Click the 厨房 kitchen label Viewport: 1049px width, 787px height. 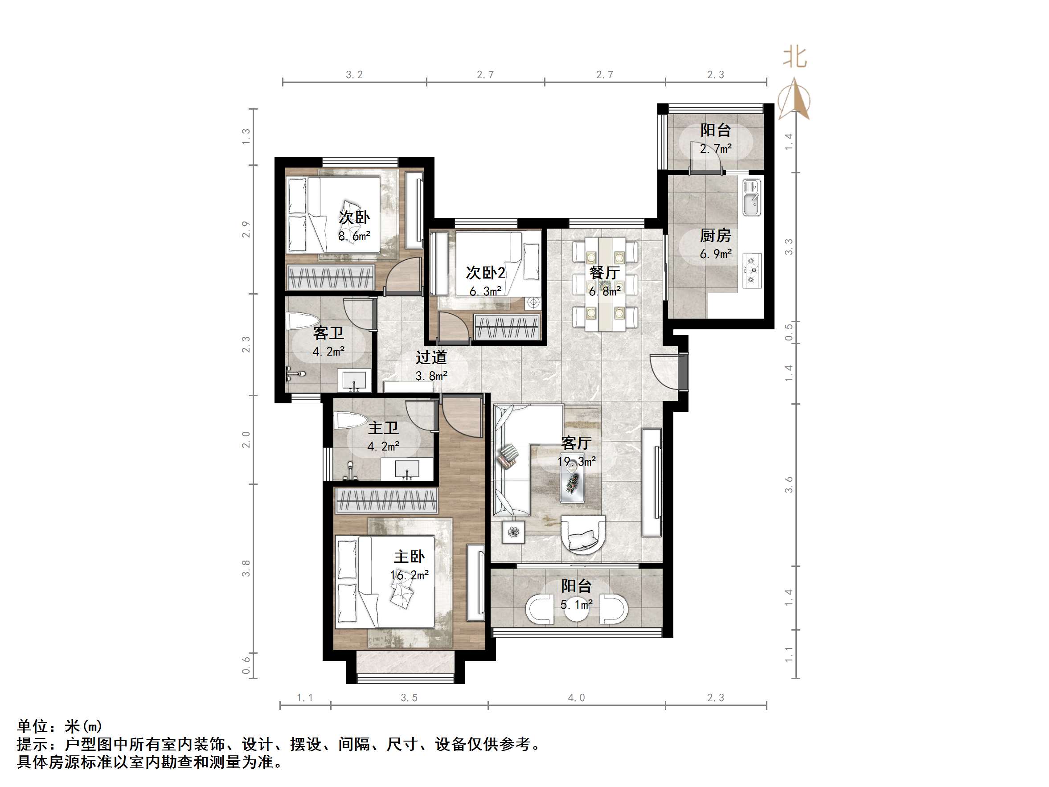pos(715,235)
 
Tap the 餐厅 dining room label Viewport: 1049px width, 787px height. pos(604,273)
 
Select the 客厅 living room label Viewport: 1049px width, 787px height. pos(576,443)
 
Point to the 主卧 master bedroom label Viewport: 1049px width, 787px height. pos(409,557)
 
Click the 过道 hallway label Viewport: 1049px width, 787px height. pos(431,357)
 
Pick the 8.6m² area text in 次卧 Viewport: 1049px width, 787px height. pos(354,236)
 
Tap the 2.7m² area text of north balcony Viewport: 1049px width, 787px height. pos(715,149)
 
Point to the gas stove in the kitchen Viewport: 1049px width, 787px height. pos(751,271)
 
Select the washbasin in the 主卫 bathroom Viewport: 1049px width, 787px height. pos(407,469)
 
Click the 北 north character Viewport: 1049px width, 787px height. pos(795,57)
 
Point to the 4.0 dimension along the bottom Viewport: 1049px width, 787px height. pos(576,698)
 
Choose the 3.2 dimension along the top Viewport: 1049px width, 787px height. pos(354,74)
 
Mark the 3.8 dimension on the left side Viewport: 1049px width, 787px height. pos(246,568)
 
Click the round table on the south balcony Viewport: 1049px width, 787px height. pos(576,610)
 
